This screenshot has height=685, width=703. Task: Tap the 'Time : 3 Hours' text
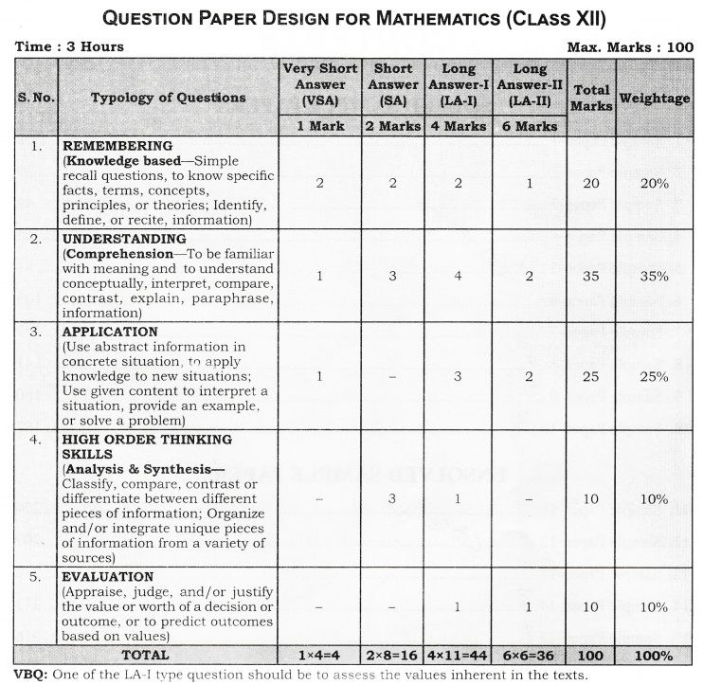(69, 46)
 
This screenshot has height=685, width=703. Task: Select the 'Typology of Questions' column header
(168, 98)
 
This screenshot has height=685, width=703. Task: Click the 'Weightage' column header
(654, 98)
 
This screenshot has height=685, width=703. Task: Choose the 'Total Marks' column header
(591, 98)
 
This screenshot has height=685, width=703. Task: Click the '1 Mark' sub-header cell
(319, 126)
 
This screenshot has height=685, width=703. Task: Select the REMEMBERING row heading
(117, 147)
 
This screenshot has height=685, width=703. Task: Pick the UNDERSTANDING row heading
(124, 239)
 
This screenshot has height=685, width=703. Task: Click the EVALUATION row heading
(107, 576)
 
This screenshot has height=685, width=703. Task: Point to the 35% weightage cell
(654, 277)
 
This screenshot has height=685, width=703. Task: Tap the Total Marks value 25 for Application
(591, 376)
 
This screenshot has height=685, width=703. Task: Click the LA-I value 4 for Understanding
(458, 277)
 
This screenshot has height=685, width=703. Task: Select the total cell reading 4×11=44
(458, 655)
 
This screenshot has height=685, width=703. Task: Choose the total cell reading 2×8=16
(392, 655)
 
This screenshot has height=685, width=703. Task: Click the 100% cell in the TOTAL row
(654, 655)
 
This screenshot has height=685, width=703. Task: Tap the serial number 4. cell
(37, 439)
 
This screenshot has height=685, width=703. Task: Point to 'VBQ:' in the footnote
(27, 675)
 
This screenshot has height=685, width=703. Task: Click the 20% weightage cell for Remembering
(654, 184)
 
